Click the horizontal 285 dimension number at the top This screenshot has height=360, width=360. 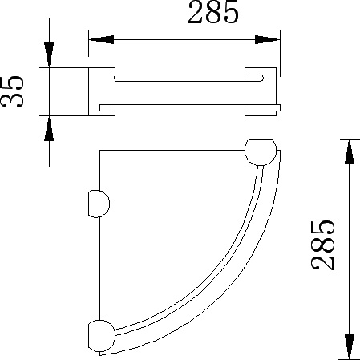213,12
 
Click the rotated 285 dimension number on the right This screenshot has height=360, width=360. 323,245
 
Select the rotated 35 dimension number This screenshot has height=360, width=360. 12,91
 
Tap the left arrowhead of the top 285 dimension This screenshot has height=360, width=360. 101,40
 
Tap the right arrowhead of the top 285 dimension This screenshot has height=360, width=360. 267,40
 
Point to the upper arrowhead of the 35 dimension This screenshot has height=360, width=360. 49,54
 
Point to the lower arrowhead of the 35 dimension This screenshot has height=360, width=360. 49,129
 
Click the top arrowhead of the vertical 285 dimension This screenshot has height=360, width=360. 350,152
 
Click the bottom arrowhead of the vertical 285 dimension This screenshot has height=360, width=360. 350,346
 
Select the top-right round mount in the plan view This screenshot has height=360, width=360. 261,152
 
